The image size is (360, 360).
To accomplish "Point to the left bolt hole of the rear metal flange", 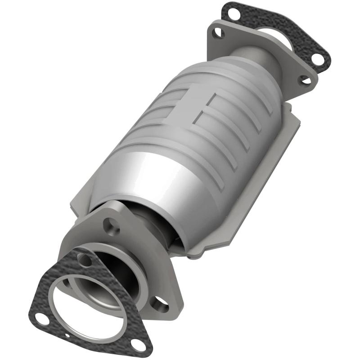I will pos(218,32).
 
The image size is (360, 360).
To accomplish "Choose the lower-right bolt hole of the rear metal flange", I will pos(305,80).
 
